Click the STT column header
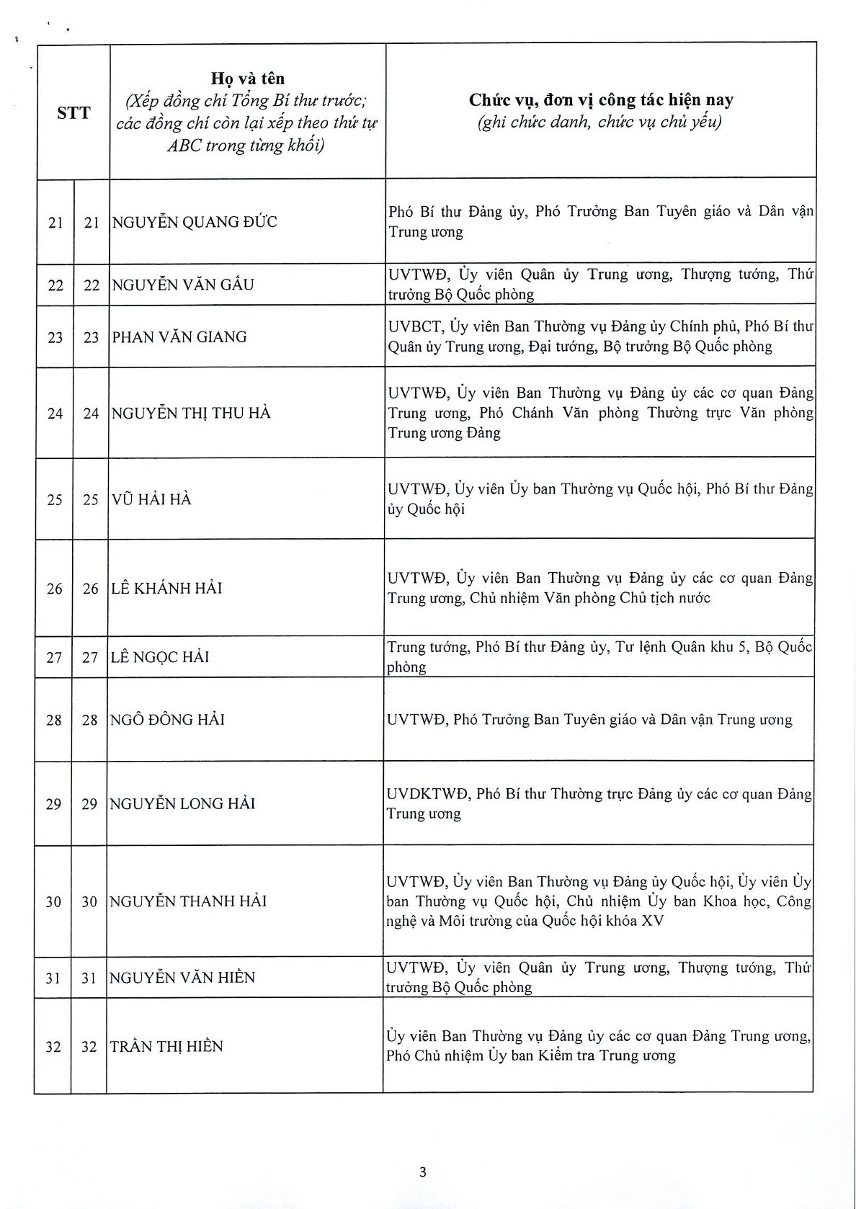[x=73, y=113]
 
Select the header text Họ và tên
[x=247, y=79]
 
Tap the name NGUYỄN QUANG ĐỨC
[x=195, y=222]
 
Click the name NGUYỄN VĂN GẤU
[x=183, y=285]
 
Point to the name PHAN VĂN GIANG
[x=179, y=337]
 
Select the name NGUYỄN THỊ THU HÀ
[x=191, y=414]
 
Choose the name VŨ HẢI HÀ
[x=151, y=499]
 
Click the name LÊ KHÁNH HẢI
[x=166, y=589]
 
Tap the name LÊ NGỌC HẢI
[x=160, y=657]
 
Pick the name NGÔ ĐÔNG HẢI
[x=167, y=720]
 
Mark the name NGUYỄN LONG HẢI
[x=182, y=804]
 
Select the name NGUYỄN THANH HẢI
[x=188, y=901]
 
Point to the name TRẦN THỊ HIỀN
[x=166, y=1047]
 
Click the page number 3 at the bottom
[x=423, y=1172]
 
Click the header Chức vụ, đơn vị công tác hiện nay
[x=601, y=101]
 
